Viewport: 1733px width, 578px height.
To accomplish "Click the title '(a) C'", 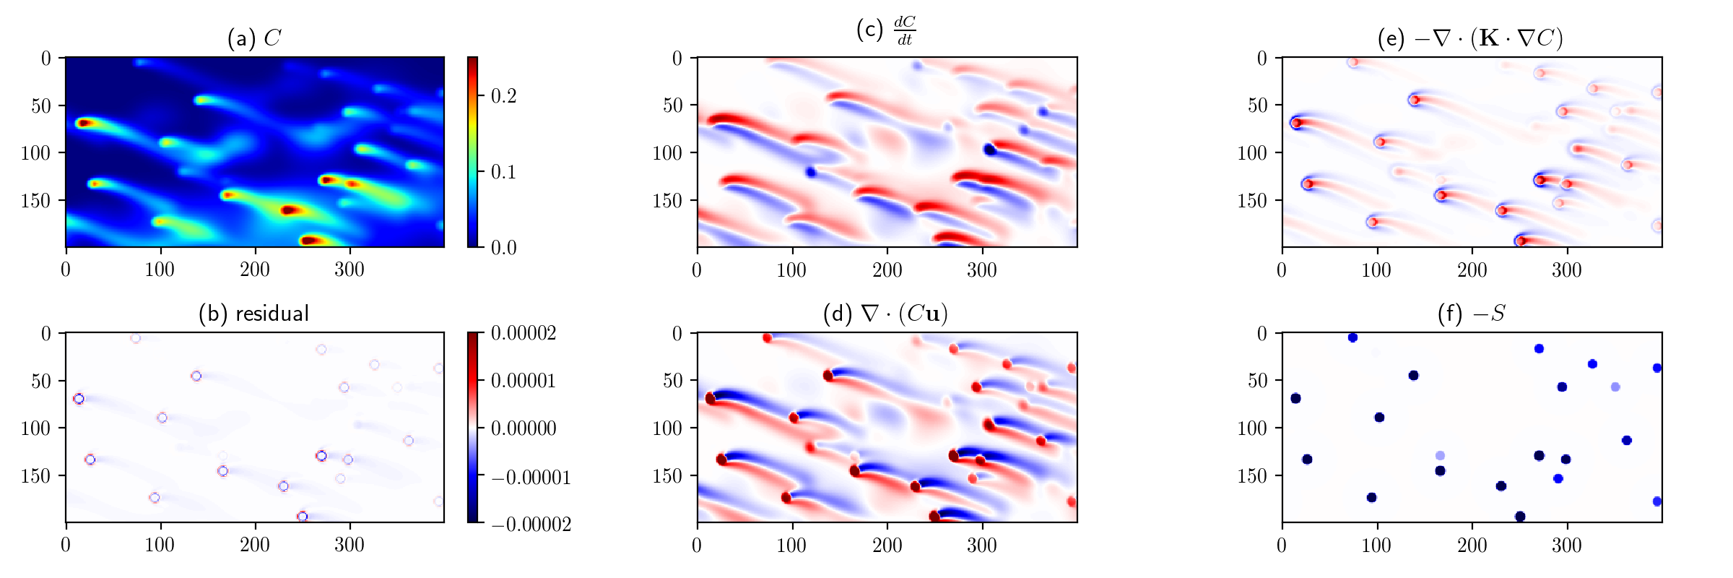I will pos(254,38).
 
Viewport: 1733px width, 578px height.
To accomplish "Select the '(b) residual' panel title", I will pos(254,314).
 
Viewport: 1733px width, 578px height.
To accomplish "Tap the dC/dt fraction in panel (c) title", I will pos(904,31).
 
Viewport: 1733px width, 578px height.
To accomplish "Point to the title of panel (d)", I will pos(885,314).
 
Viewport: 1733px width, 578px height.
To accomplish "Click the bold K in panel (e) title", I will pos(1489,38).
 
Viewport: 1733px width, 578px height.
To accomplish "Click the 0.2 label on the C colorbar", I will pos(503,96).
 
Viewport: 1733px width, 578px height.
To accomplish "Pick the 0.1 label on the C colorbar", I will pos(503,172).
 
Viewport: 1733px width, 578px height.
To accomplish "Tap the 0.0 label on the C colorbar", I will pos(503,248).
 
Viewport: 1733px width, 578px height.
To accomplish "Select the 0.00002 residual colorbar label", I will pos(524,333).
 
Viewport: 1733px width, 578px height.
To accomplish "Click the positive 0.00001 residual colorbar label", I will pos(524,381).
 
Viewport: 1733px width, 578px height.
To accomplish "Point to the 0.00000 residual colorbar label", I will pos(524,428).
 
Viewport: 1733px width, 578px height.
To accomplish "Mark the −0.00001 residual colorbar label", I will pos(531,477).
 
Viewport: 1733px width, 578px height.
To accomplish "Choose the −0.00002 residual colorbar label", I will pos(531,524).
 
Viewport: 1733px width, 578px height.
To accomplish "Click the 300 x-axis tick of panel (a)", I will pos(349,269).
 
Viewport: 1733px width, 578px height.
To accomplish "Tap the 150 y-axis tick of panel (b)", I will pos(36,475).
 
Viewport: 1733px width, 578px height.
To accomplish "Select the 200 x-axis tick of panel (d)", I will pos(887,545).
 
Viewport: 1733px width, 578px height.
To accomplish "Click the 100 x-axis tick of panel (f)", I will pos(1376,545).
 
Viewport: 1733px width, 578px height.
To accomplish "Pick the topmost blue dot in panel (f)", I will pos(1352,337).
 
